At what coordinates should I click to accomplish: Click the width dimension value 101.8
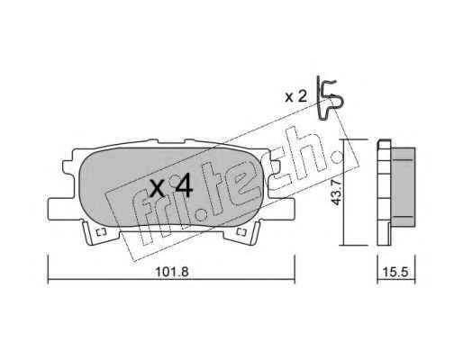[172, 273]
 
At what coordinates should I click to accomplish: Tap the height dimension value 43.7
[335, 192]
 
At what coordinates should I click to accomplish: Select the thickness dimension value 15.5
[395, 273]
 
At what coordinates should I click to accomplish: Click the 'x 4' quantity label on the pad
[171, 187]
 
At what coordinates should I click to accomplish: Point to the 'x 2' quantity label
[295, 96]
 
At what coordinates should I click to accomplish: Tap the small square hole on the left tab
[101, 232]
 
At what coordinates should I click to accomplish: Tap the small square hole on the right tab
[241, 232]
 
